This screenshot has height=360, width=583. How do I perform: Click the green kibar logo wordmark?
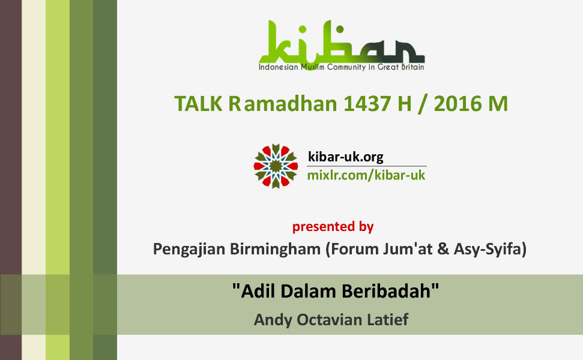(x=342, y=41)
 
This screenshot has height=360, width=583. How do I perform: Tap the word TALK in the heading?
(x=198, y=103)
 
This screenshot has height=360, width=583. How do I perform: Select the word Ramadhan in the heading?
(x=283, y=103)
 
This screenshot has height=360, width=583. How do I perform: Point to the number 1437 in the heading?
(x=367, y=103)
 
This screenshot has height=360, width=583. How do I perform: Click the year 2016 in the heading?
(x=457, y=103)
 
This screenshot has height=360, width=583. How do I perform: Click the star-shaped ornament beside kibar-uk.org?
(x=276, y=166)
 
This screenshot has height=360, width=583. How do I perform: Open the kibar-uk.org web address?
(x=345, y=157)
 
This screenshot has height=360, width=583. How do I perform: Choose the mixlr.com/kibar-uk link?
(x=366, y=175)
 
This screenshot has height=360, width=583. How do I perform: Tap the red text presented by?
(x=333, y=227)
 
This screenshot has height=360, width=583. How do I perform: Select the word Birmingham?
(x=275, y=249)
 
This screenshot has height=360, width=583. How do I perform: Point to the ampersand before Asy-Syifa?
(x=443, y=249)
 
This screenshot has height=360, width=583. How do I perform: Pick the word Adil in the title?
(x=255, y=291)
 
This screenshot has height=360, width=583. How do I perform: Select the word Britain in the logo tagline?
(x=412, y=67)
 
